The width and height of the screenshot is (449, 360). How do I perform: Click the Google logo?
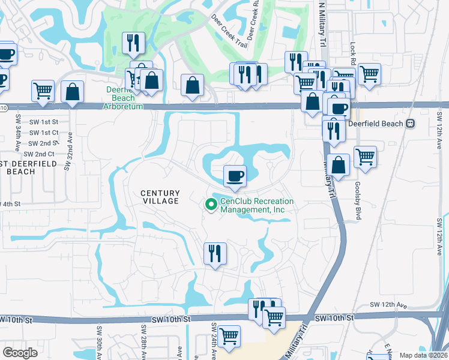20,353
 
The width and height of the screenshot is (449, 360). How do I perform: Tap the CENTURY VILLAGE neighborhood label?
160,197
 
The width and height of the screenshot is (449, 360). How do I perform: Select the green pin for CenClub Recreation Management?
211,205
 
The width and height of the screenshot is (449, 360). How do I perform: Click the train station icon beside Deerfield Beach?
411,124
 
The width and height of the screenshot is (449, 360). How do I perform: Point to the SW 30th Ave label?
97,342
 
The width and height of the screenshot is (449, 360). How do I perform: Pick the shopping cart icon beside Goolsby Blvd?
365,157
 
